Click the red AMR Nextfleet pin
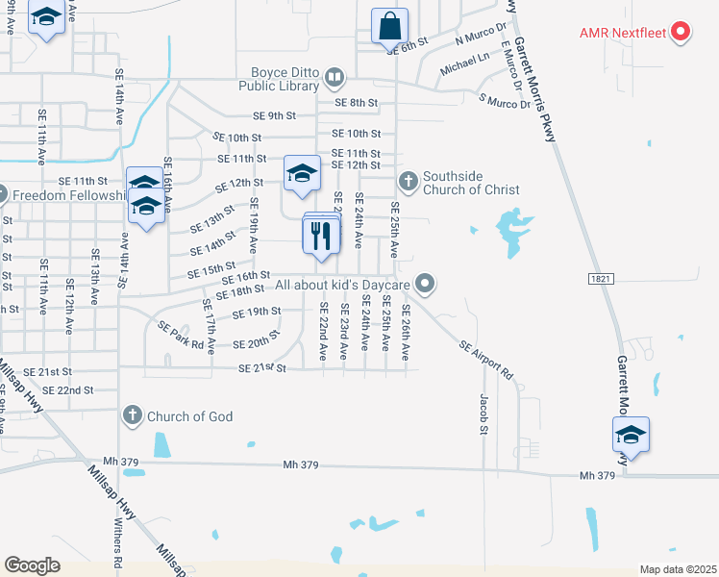[681, 33]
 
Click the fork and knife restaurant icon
[321, 235]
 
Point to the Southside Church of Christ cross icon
[409, 180]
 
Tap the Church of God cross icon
[133, 416]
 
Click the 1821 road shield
[601, 278]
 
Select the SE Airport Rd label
[486, 359]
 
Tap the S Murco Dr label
[505, 101]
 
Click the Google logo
[32, 564]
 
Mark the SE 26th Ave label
[406, 332]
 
